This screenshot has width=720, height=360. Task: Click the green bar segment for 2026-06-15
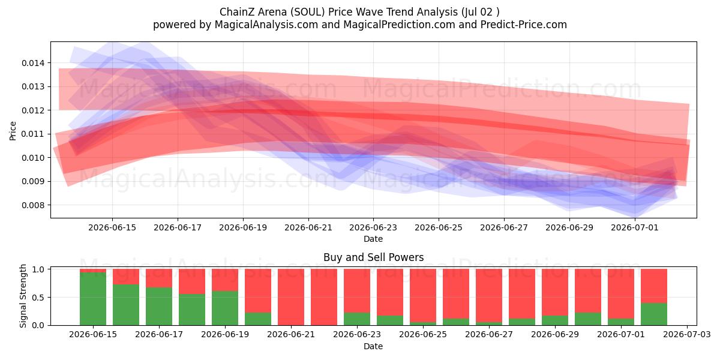tap(93, 299)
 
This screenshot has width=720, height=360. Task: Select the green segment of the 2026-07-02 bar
tap(654, 314)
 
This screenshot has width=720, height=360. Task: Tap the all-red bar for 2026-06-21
tap(291, 297)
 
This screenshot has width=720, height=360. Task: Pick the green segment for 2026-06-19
tap(225, 308)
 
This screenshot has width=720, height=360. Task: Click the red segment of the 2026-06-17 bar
tap(159, 278)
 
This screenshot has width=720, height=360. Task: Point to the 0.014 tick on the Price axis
tap(33, 63)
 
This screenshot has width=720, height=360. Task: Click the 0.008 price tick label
tap(33, 205)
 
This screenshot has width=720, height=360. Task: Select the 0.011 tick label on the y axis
tap(33, 134)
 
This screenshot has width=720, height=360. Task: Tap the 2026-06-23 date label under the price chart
tap(373, 227)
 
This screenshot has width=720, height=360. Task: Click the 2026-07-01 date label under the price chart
tap(635, 227)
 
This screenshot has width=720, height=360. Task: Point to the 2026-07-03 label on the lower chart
tap(687, 334)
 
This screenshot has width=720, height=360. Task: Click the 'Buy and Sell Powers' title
tap(373, 257)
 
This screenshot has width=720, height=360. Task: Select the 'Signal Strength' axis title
tap(23, 296)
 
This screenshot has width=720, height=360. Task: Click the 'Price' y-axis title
tap(13, 131)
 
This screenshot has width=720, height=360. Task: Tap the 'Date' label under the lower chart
tap(373, 346)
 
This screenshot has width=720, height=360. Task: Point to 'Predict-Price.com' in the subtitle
tap(524, 25)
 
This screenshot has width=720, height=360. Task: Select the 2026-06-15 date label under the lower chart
tap(93, 334)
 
